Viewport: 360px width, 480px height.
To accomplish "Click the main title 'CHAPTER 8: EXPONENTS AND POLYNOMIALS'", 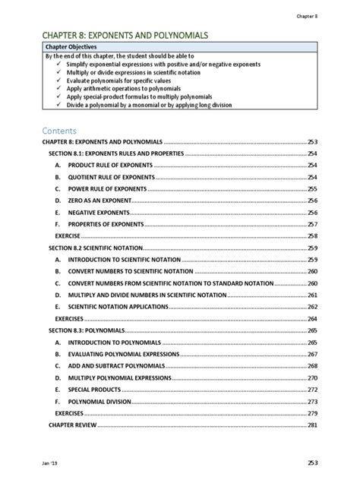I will [125, 36].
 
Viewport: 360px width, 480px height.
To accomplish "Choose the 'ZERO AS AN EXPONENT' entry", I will [99, 201].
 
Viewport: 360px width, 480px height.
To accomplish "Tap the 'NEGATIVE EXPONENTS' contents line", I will [99, 213].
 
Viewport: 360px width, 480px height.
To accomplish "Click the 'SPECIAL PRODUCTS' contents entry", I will [93, 389].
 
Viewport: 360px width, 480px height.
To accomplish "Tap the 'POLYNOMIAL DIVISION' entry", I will [99, 401].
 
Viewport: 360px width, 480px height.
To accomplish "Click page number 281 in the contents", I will [312, 425].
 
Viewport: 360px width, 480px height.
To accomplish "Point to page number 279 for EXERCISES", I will [312, 412].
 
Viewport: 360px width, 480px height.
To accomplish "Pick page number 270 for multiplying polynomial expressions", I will [312, 377].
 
